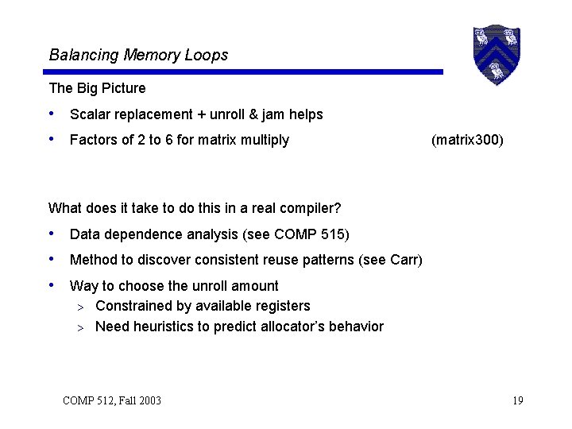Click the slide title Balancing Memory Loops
pyautogui.click(x=138, y=55)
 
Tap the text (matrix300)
pyautogui.click(x=467, y=140)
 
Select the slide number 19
pyautogui.click(x=517, y=400)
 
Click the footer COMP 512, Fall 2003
pyautogui.click(x=112, y=400)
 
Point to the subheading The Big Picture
pyautogui.click(x=97, y=87)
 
